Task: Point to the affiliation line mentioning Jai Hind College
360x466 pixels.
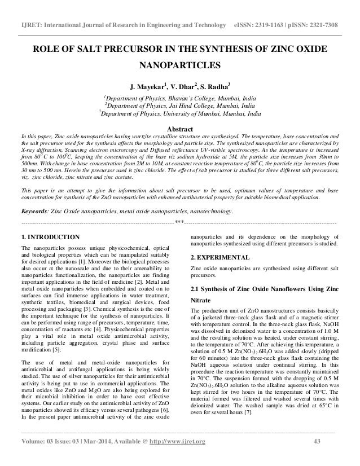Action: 179,105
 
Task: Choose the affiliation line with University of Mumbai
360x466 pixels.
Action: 179,113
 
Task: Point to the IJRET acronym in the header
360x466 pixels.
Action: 27,11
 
